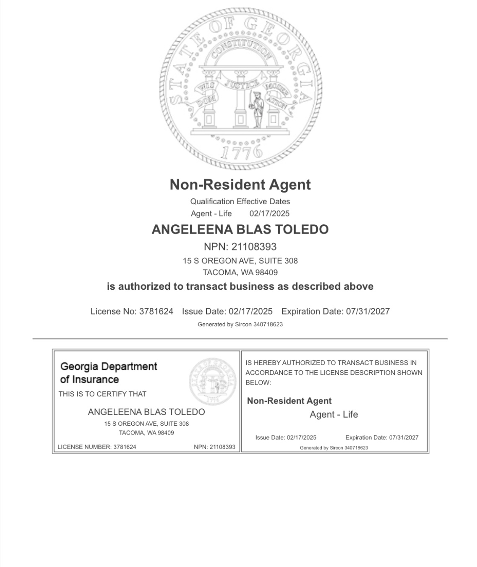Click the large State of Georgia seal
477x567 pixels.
pos(240,88)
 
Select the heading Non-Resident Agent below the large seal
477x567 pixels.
pos(240,185)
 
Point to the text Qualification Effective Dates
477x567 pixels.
pos(240,201)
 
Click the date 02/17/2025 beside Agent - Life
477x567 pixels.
pos(269,213)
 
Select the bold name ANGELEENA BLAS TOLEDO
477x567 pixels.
pos(240,229)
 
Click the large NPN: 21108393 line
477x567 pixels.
pos(240,247)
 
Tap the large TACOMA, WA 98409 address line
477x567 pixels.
pos(240,273)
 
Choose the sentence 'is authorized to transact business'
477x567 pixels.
pos(240,286)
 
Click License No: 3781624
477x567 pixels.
pos(132,312)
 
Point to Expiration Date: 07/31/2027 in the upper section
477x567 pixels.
pos(335,312)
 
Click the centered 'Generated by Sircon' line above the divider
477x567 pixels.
pos(240,325)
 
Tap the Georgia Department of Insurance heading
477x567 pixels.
pos(108,372)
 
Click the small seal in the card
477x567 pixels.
pos(212,381)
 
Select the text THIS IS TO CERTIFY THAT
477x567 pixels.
pos(102,394)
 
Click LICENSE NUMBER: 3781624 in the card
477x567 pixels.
pos(97,447)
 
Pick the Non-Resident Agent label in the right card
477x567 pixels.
pos(289,401)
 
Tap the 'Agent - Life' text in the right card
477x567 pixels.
pos(334,415)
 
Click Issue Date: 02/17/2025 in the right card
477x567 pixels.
pos(286,437)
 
